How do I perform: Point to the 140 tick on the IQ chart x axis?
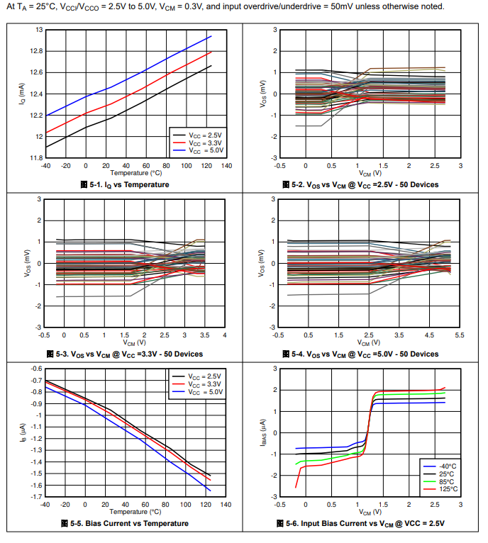(x=226, y=165)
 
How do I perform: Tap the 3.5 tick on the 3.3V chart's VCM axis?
(x=204, y=335)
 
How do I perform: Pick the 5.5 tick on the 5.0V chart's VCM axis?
(x=459, y=335)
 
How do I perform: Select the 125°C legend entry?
(x=445, y=488)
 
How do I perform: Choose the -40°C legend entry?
(x=445, y=465)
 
